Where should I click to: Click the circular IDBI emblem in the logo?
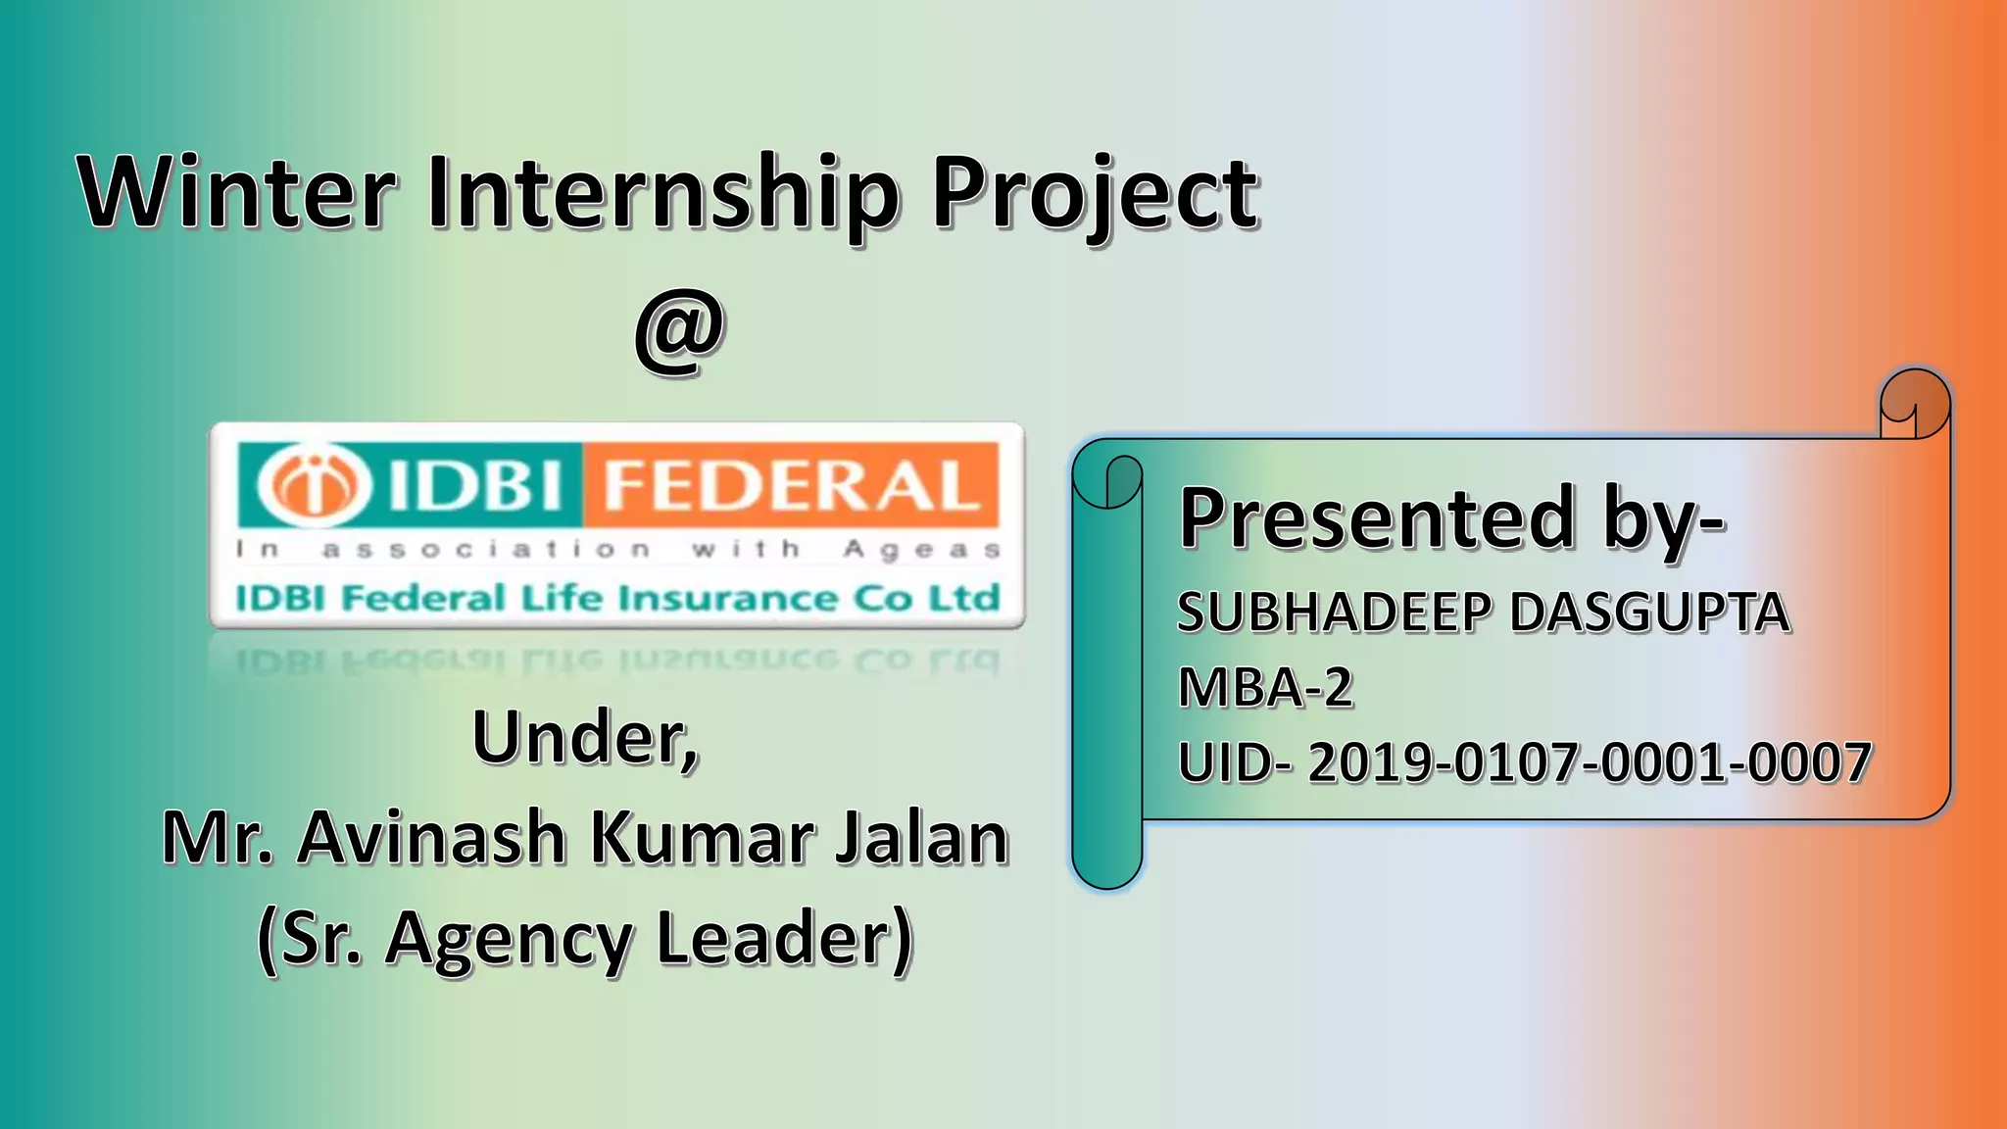pyautogui.click(x=314, y=484)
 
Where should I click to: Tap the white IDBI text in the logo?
pyautogui.click(x=477, y=485)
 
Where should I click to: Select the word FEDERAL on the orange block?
pyautogui.click(x=792, y=485)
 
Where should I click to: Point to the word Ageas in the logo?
pyautogui.click(x=922, y=549)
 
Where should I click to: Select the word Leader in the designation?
pyautogui.click(x=784, y=938)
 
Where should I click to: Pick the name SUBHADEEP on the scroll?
pyautogui.click(x=1334, y=613)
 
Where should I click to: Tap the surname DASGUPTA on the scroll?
pyautogui.click(x=1650, y=613)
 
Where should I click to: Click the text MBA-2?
pyautogui.click(x=1265, y=687)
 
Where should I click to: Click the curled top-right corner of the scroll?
pyautogui.click(x=1914, y=403)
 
